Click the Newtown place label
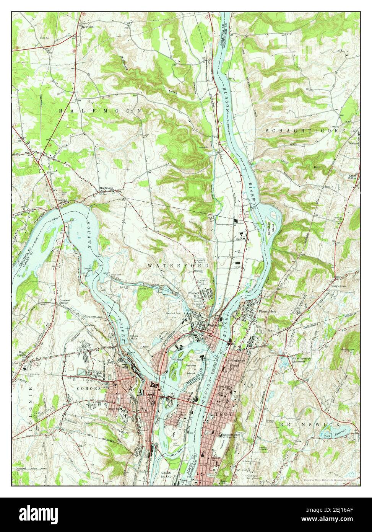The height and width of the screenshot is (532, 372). click(87, 28)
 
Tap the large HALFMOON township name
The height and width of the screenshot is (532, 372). click(100, 110)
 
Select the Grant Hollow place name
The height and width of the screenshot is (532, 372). click(352, 176)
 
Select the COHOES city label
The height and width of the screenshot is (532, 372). click(90, 388)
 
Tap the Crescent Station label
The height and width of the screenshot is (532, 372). click(67, 302)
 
